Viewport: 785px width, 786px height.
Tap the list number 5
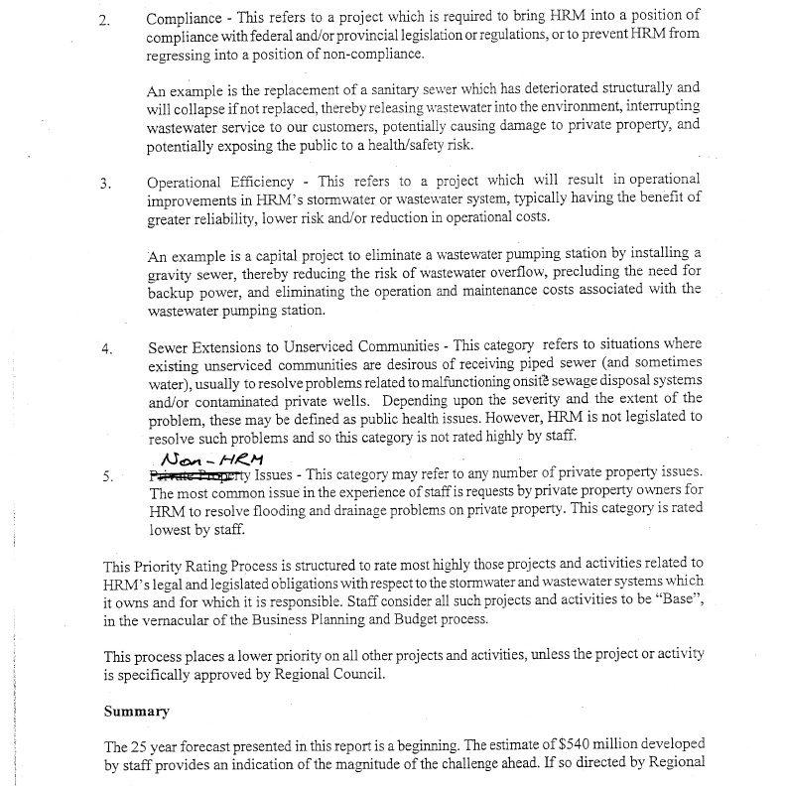(106, 475)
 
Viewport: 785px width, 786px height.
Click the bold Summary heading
(136, 712)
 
